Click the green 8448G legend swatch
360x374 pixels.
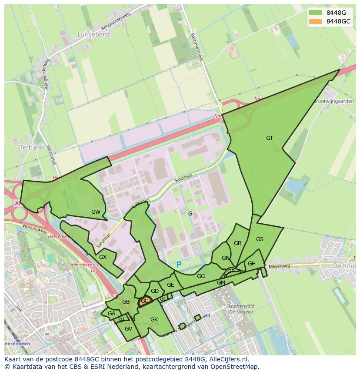[316, 13]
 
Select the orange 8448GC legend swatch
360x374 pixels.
[316, 21]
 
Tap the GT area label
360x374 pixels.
[270, 138]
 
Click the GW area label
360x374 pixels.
[96, 212]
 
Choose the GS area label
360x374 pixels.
[260, 239]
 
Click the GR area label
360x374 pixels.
[237, 243]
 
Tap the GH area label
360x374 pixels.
[252, 264]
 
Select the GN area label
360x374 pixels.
[225, 258]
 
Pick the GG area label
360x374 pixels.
[201, 276]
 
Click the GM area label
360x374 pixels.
[221, 283]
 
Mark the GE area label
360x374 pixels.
[170, 285]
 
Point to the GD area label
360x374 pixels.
[155, 291]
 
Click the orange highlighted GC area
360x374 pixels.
[145, 301]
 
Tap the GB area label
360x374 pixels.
[126, 302]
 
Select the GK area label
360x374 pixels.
[154, 320]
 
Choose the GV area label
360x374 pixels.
[128, 329]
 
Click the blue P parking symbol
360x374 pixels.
[179, 265]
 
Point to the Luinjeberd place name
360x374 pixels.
[93, 34]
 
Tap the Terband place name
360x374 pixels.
[32, 147]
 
